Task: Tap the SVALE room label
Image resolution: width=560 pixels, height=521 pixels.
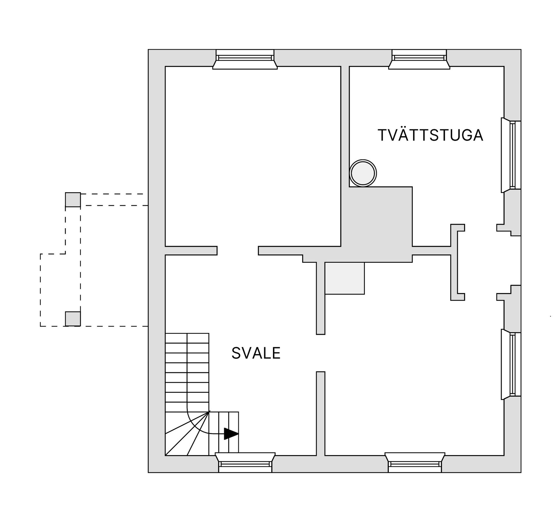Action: (256, 353)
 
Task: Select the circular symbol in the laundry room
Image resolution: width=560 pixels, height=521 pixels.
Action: (363, 173)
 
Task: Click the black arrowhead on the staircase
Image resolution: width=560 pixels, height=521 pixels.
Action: (231, 434)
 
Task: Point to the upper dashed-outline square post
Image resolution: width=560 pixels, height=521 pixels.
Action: (73, 200)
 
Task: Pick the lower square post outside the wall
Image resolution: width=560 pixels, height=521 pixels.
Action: (73, 319)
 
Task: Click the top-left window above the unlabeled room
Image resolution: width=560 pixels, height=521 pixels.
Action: (245, 59)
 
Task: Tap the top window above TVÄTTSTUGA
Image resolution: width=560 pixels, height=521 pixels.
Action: (419, 59)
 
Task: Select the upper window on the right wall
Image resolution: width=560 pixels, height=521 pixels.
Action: (511, 155)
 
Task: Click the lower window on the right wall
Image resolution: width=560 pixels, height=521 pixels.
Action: (511, 364)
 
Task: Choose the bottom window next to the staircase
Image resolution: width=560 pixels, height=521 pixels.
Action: (245, 462)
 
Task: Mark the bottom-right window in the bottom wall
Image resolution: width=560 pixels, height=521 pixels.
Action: (415, 462)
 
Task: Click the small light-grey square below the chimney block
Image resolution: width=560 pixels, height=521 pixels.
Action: (345, 278)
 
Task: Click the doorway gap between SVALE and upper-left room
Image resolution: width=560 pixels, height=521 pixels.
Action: (238, 251)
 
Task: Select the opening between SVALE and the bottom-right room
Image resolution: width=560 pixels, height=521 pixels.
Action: (321, 353)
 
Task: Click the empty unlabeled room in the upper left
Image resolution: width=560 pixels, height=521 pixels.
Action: (253, 156)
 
